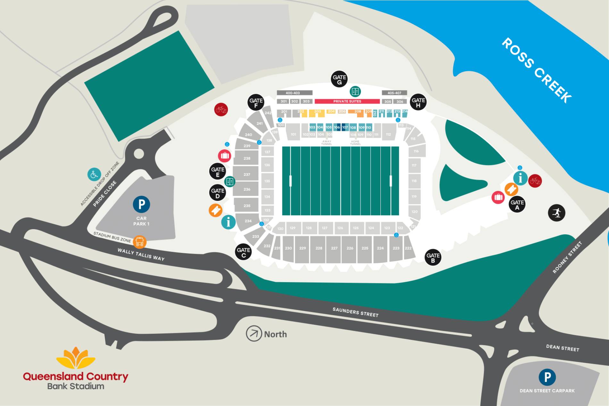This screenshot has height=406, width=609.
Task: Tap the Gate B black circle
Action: tap(433, 257)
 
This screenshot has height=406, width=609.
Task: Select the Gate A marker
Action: tap(517, 204)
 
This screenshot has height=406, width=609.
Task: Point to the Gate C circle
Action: tap(243, 252)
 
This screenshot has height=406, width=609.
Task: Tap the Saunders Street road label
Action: tap(355, 312)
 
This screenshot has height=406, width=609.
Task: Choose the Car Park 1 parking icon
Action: tap(141, 204)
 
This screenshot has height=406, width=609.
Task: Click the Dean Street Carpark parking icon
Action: tap(547, 377)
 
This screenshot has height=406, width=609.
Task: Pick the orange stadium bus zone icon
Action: tap(140, 242)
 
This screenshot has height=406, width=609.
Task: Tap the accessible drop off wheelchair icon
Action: tap(94, 175)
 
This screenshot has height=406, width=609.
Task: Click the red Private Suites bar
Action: tap(347, 101)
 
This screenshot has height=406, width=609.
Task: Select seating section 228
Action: tap(319, 248)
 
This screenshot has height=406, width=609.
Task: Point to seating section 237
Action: tap(246, 175)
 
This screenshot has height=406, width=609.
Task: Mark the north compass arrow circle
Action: tap(254, 334)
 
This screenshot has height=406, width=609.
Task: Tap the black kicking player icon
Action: tap(556, 212)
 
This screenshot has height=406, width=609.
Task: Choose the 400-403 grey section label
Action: tap(293, 93)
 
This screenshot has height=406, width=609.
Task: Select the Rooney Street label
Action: tap(567, 257)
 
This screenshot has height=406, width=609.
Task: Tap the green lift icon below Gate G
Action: tap(355, 91)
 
